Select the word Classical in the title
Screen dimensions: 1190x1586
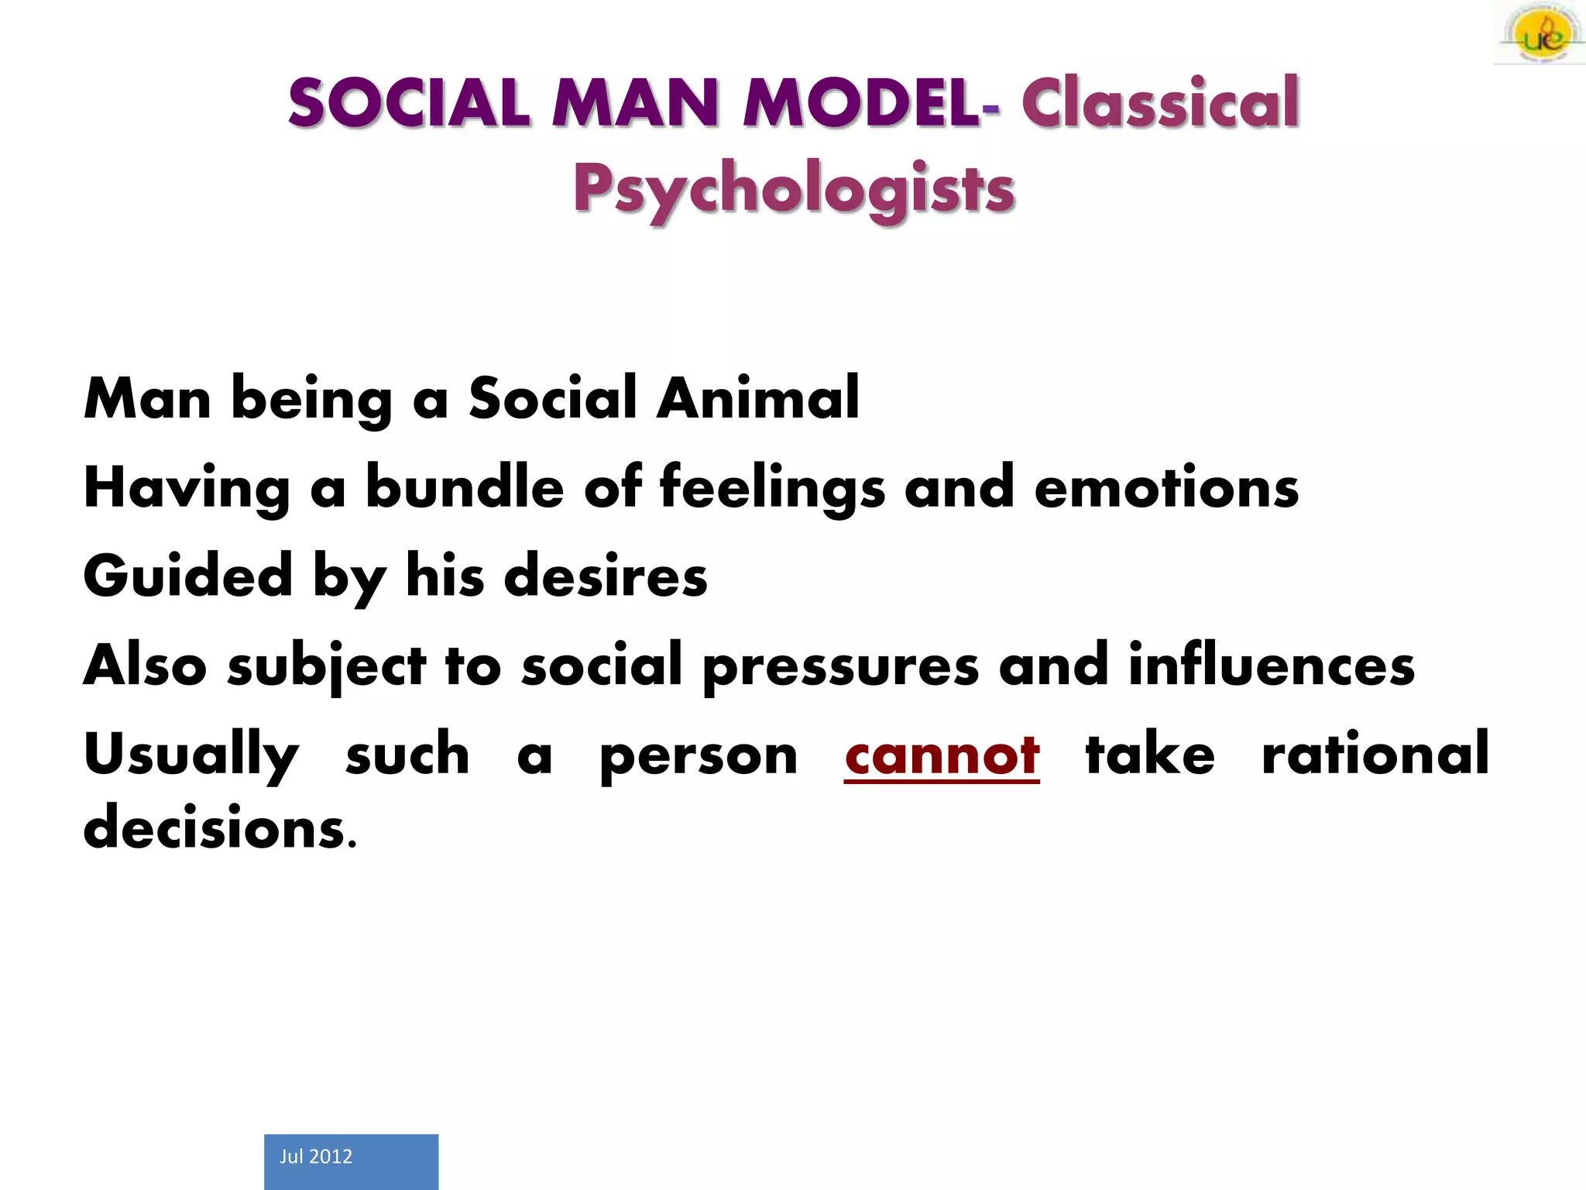(x=1159, y=104)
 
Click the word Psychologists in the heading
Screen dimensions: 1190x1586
(x=794, y=190)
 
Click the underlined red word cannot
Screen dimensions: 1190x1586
(x=942, y=755)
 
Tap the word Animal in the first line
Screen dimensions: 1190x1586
(x=757, y=398)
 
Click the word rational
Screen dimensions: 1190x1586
(x=1375, y=754)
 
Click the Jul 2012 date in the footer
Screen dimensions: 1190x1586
(x=316, y=1157)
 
